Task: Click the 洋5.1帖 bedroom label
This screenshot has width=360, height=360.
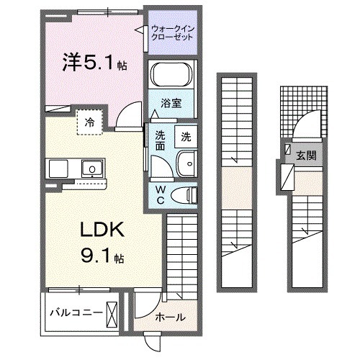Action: pos(94,63)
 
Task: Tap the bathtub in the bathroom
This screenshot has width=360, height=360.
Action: pos(171,74)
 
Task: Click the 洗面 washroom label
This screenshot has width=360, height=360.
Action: pos(161,140)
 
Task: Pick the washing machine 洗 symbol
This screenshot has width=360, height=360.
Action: pos(186,136)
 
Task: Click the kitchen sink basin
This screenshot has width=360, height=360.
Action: pos(92,169)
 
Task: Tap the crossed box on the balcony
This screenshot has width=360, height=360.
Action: pos(112,312)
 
